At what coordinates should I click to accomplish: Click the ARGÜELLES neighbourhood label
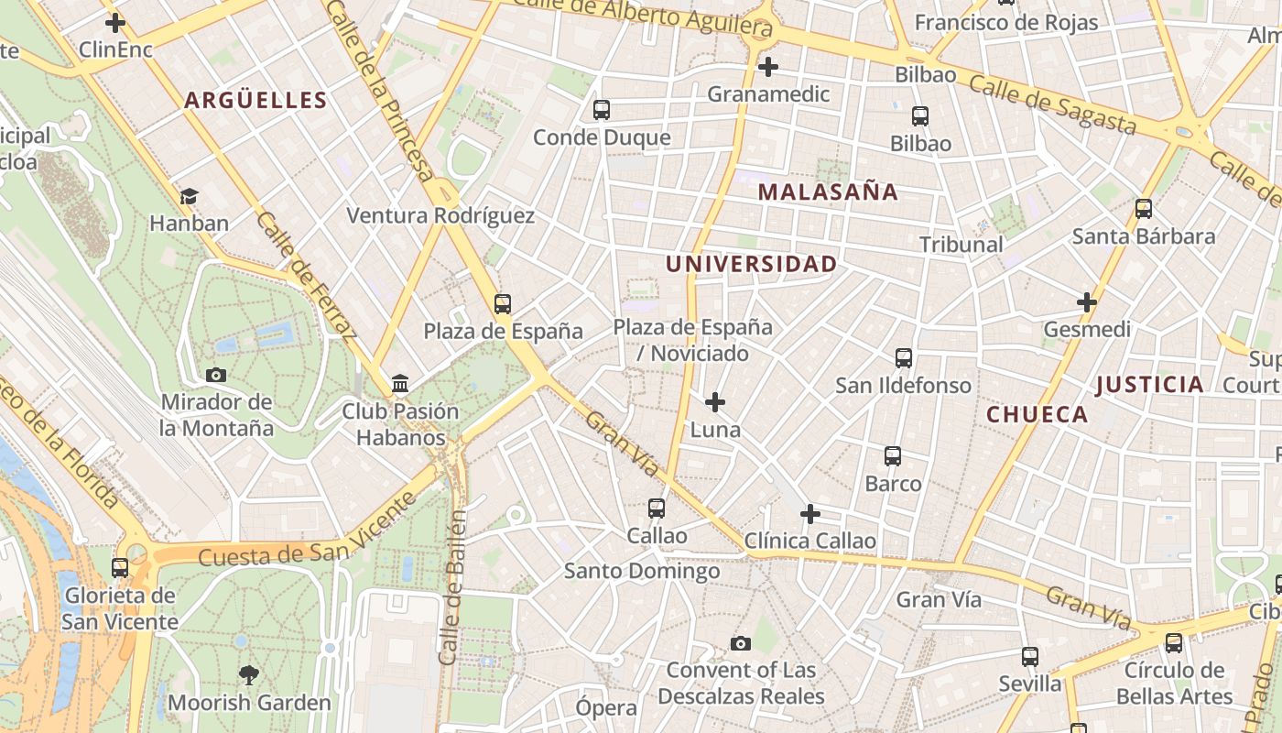coord(255,101)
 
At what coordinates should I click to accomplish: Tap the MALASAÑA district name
coord(828,192)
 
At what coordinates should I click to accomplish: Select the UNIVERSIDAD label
coord(751,265)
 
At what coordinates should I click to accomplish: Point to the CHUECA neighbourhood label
coord(1037,415)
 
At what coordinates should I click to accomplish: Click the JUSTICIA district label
coord(1149,385)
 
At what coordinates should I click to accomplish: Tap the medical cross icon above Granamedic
coord(768,67)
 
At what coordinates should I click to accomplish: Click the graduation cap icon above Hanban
coord(189,196)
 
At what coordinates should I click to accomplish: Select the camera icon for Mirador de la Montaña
coord(216,375)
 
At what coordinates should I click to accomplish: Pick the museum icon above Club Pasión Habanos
coord(400,384)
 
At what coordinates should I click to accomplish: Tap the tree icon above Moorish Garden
coord(248,676)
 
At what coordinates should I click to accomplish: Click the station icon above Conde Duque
coord(602,110)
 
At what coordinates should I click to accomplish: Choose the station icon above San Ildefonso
coord(904,358)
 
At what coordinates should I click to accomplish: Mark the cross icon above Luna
coord(715,402)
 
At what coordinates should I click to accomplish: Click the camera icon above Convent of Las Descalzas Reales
coord(741,643)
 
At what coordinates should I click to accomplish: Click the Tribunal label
coord(961,245)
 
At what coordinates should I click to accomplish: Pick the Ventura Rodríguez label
coord(440,216)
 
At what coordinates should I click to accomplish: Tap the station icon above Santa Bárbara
coord(1144,209)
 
